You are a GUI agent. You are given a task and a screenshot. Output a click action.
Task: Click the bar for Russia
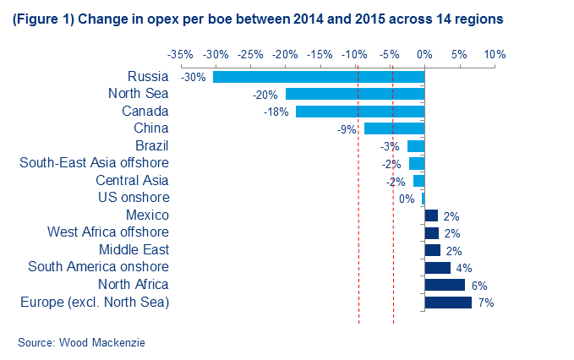tap(318, 77)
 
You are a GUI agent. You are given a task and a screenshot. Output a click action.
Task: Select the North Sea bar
tap(354, 94)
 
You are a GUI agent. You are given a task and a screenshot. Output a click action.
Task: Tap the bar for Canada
tap(359, 112)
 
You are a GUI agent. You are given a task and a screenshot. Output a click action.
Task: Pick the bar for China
tap(394, 128)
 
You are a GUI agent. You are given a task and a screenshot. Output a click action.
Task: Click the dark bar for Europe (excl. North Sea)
tap(448, 302)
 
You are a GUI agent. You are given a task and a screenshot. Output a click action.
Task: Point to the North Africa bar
tap(445, 285)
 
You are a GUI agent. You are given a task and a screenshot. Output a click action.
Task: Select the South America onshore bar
tap(438, 267)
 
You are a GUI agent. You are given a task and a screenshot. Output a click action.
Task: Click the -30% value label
tap(194, 77)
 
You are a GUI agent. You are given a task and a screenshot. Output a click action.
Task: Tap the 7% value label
tap(485, 302)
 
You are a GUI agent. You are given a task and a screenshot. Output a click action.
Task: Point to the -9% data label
tap(346, 129)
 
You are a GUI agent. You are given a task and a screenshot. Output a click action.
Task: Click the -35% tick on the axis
tap(180, 54)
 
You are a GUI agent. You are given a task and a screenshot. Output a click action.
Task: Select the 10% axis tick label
tap(495, 54)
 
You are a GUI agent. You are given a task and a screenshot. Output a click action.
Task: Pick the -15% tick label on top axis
tap(320, 54)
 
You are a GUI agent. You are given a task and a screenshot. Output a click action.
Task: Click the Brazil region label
tap(152, 145)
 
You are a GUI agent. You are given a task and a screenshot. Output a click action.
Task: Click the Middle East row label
tap(134, 249)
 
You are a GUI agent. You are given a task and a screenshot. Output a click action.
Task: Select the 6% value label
tap(478, 285)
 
